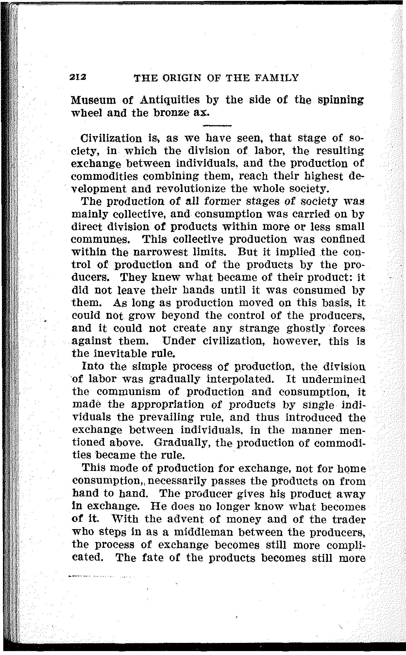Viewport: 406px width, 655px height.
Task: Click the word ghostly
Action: coord(304,328)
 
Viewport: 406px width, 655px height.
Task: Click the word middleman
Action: coord(200,532)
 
